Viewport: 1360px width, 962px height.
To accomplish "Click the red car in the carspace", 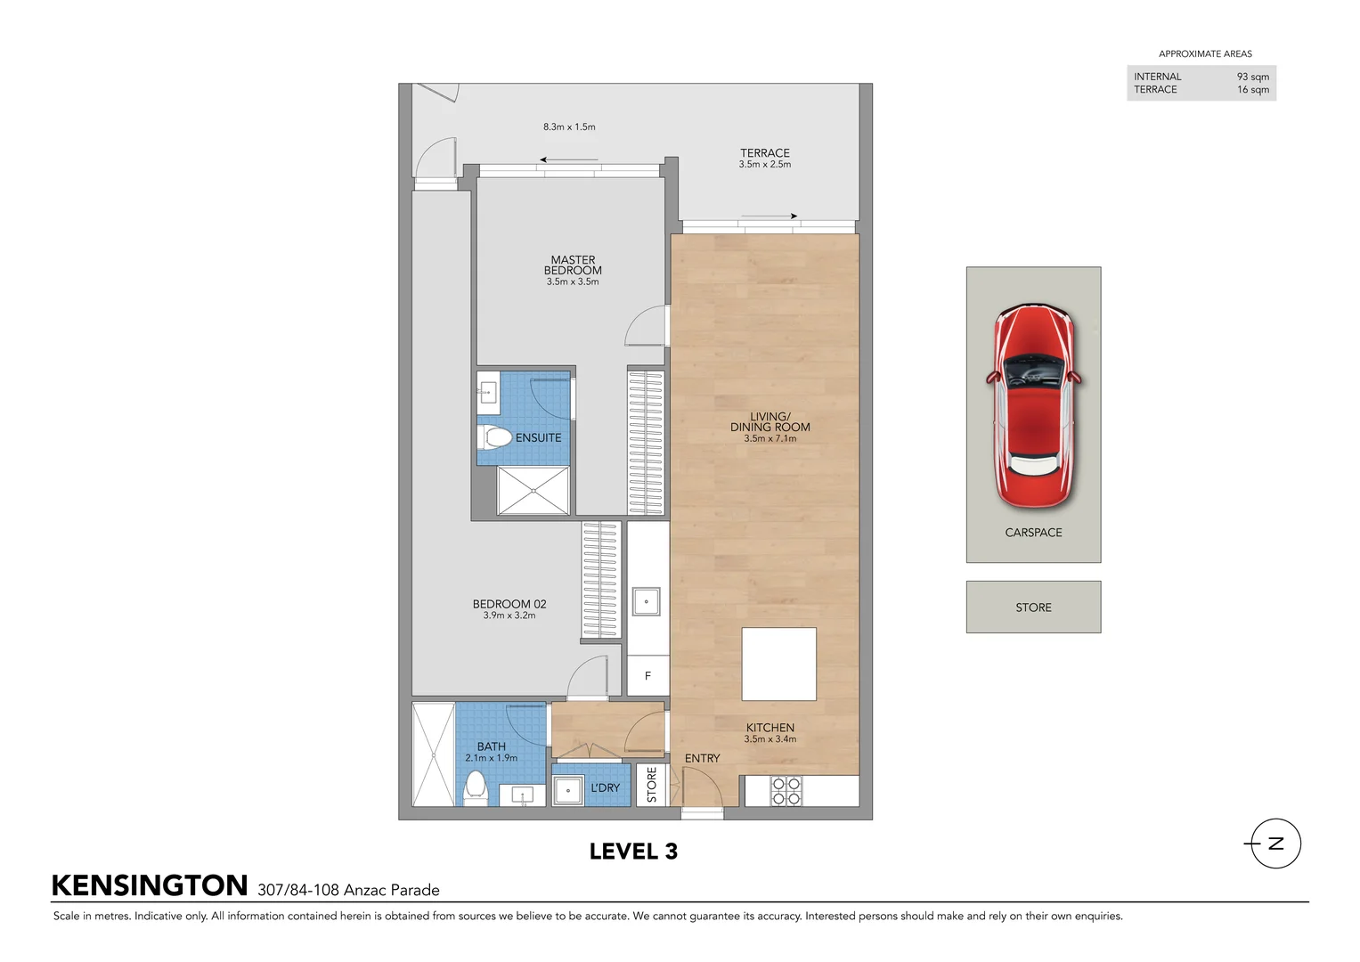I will [x=1033, y=405].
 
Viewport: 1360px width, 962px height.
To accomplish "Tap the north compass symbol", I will [x=1275, y=844].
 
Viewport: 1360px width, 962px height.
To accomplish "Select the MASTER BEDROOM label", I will [x=573, y=265].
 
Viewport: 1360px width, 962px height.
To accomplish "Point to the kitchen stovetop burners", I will [x=786, y=791].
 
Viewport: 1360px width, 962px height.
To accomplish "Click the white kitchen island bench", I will [x=778, y=664].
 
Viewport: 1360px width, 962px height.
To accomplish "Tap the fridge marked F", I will [x=647, y=676].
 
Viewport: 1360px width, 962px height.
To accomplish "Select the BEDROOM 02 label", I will [x=509, y=604].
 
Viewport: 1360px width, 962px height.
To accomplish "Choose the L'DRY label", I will [x=605, y=788].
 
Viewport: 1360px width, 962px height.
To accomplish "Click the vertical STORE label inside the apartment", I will [x=652, y=785].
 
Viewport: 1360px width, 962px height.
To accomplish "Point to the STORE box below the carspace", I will [x=1033, y=607].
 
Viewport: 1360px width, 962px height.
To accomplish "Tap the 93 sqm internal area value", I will [x=1252, y=77].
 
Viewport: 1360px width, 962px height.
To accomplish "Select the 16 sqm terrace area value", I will [x=1252, y=90].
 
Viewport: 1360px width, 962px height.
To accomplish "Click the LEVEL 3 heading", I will [x=633, y=852].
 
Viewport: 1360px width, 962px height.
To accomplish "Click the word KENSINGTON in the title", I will [x=150, y=885].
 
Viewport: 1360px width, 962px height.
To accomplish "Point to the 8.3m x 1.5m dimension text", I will [x=569, y=126].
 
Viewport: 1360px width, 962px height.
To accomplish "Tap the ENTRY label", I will [x=702, y=758].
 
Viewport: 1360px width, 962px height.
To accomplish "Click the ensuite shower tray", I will [x=533, y=490].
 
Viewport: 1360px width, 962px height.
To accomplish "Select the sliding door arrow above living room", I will [x=769, y=216].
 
